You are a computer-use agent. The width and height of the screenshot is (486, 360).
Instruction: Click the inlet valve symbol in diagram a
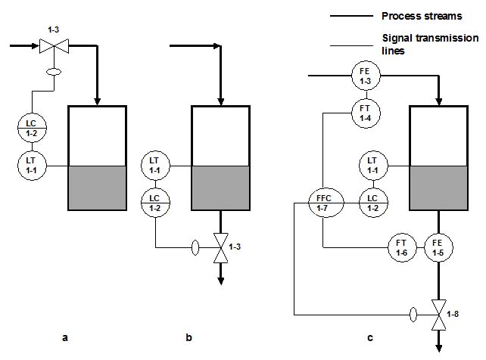55,46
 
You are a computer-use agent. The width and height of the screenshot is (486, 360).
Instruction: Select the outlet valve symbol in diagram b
221,247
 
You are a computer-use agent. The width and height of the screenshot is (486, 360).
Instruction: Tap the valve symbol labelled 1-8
438,315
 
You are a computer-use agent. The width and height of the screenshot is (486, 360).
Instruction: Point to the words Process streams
422,16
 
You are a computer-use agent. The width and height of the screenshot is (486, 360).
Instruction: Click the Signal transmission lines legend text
430,44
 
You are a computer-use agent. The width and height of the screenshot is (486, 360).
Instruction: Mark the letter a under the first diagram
65,338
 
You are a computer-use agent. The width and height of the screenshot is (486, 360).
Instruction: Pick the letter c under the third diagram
370,338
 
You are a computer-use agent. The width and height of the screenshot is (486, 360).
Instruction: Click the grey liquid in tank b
221,188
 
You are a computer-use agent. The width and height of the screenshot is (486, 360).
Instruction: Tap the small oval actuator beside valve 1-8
413,315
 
